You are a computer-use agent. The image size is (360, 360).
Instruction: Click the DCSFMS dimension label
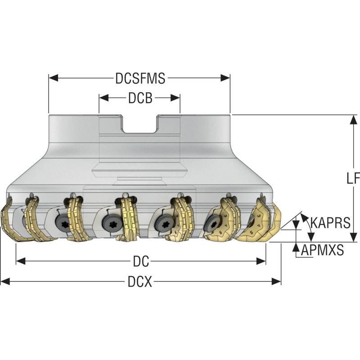tap(140, 78)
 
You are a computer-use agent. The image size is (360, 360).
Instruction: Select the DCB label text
tap(140, 98)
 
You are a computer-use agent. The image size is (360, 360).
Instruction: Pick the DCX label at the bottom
tap(140, 282)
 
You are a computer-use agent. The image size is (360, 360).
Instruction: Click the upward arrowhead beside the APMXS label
tap(296, 247)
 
